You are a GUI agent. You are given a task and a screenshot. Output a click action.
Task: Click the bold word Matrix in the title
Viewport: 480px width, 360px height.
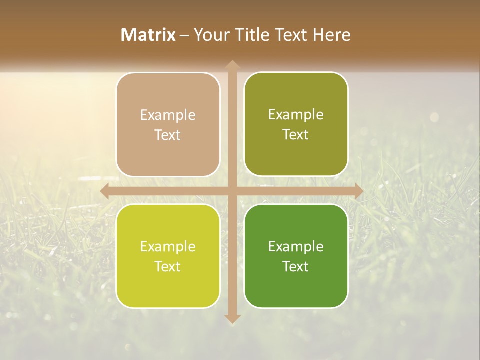pyautogui.click(x=148, y=35)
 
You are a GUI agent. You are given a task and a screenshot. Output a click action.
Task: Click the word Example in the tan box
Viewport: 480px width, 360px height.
pyautogui.click(x=168, y=115)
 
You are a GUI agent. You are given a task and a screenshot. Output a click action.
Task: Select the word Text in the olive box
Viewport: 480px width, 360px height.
pyautogui.click(x=296, y=135)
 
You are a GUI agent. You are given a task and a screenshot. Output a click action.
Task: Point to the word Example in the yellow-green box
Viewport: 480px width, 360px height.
pyautogui.click(x=168, y=247)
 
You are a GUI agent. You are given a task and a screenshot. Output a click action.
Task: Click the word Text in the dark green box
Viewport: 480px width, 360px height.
pyautogui.click(x=296, y=266)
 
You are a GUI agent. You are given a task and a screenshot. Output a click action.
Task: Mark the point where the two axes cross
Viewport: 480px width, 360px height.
pyautogui.click(x=232, y=191)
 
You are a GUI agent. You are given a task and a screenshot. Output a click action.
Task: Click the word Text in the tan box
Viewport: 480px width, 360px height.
pyautogui.click(x=168, y=135)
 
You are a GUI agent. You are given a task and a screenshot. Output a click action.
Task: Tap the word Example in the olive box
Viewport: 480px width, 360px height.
pyautogui.click(x=296, y=115)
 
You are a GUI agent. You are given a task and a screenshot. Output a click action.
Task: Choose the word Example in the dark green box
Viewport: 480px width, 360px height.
pyautogui.click(x=296, y=246)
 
